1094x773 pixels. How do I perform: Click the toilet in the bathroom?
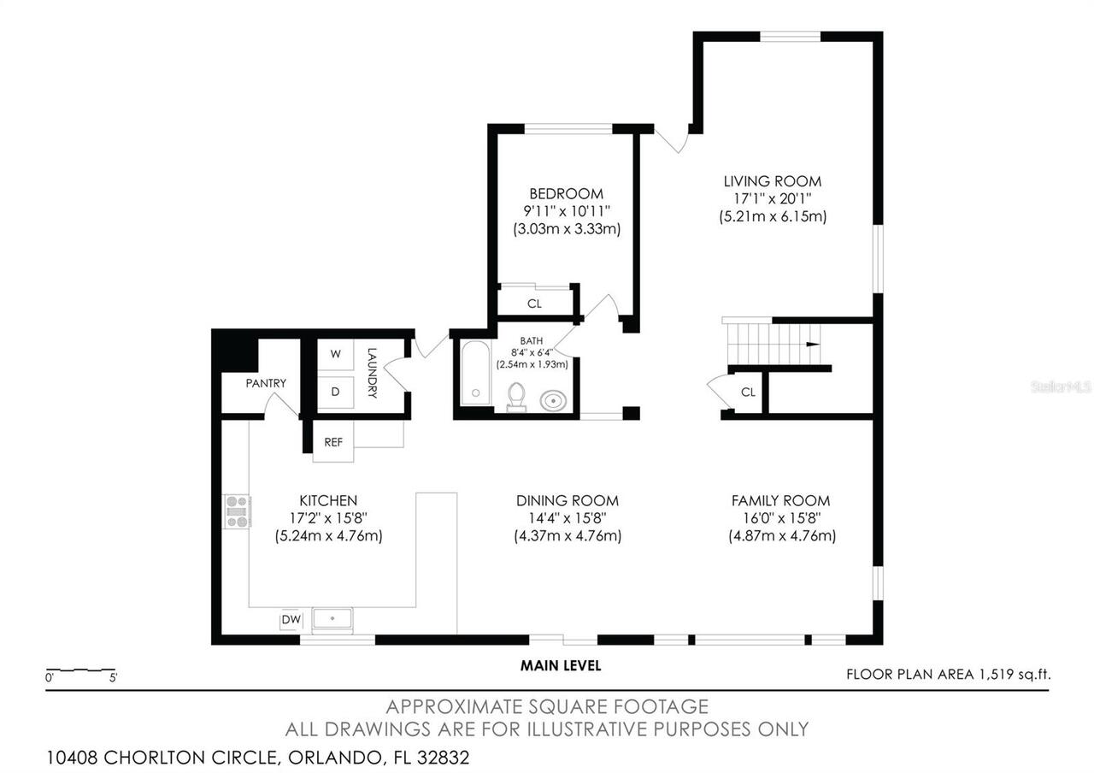[515, 396]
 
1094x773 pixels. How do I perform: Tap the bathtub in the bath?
[474, 374]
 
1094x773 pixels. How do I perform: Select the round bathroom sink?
[553, 398]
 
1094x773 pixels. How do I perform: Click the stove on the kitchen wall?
[237, 510]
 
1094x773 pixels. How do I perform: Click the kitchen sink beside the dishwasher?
[332, 617]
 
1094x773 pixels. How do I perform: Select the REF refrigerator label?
[333, 442]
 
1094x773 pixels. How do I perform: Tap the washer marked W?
[335, 353]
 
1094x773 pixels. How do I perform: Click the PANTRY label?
[266, 383]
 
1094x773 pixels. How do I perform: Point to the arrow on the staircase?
[812, 344]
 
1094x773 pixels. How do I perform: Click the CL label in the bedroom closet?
[534, 304]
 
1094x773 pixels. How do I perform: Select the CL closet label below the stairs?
[748, 392]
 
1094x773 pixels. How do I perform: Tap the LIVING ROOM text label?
[772, 181]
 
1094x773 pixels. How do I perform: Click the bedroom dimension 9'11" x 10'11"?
[566, 211]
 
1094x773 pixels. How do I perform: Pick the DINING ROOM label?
[567, 501]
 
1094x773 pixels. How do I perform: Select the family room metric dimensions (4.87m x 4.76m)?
[781, 536]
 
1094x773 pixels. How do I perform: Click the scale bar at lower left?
[80, 670]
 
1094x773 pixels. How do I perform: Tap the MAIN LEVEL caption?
[561, 665]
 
